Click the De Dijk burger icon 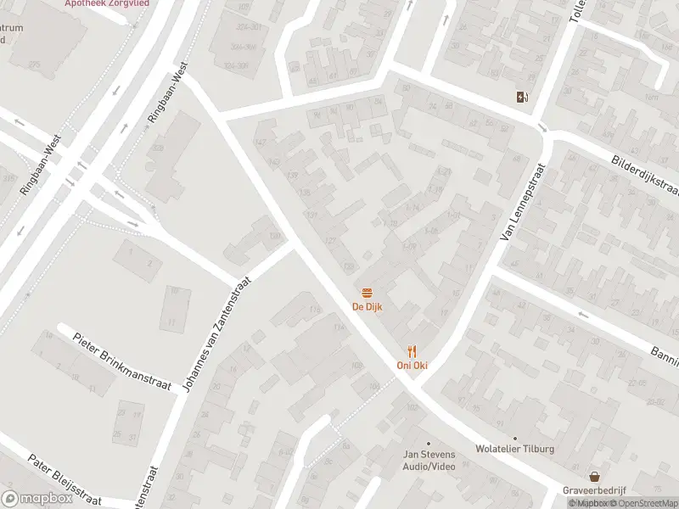(x=368, y=293)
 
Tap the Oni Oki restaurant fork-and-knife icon (x=412, y=351)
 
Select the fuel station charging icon (x=520, y=97)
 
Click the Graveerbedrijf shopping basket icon (x=595, y=478)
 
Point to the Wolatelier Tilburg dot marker (x=514, y=438)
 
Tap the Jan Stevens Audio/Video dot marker (x=429, y=443)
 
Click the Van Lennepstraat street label (x=522, y=201)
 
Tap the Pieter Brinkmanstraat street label (x=122, y=361)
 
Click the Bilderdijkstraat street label (x=645, y=173)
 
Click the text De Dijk (x=368, y=306)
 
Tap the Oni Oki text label (x=412, y=366)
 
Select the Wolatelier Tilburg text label (x=514, y=449)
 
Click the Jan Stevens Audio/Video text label (x=429, y=461)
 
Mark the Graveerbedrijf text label (x=595, y=491)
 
